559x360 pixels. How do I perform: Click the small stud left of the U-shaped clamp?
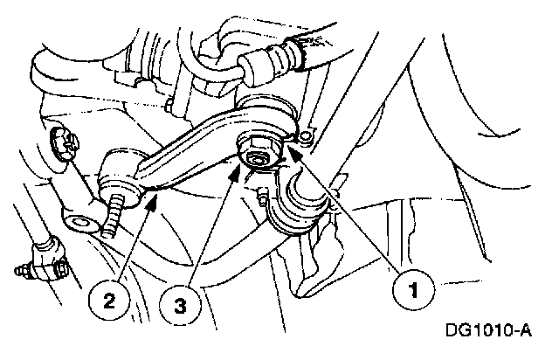pyautogui.click(x=262, y=198)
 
